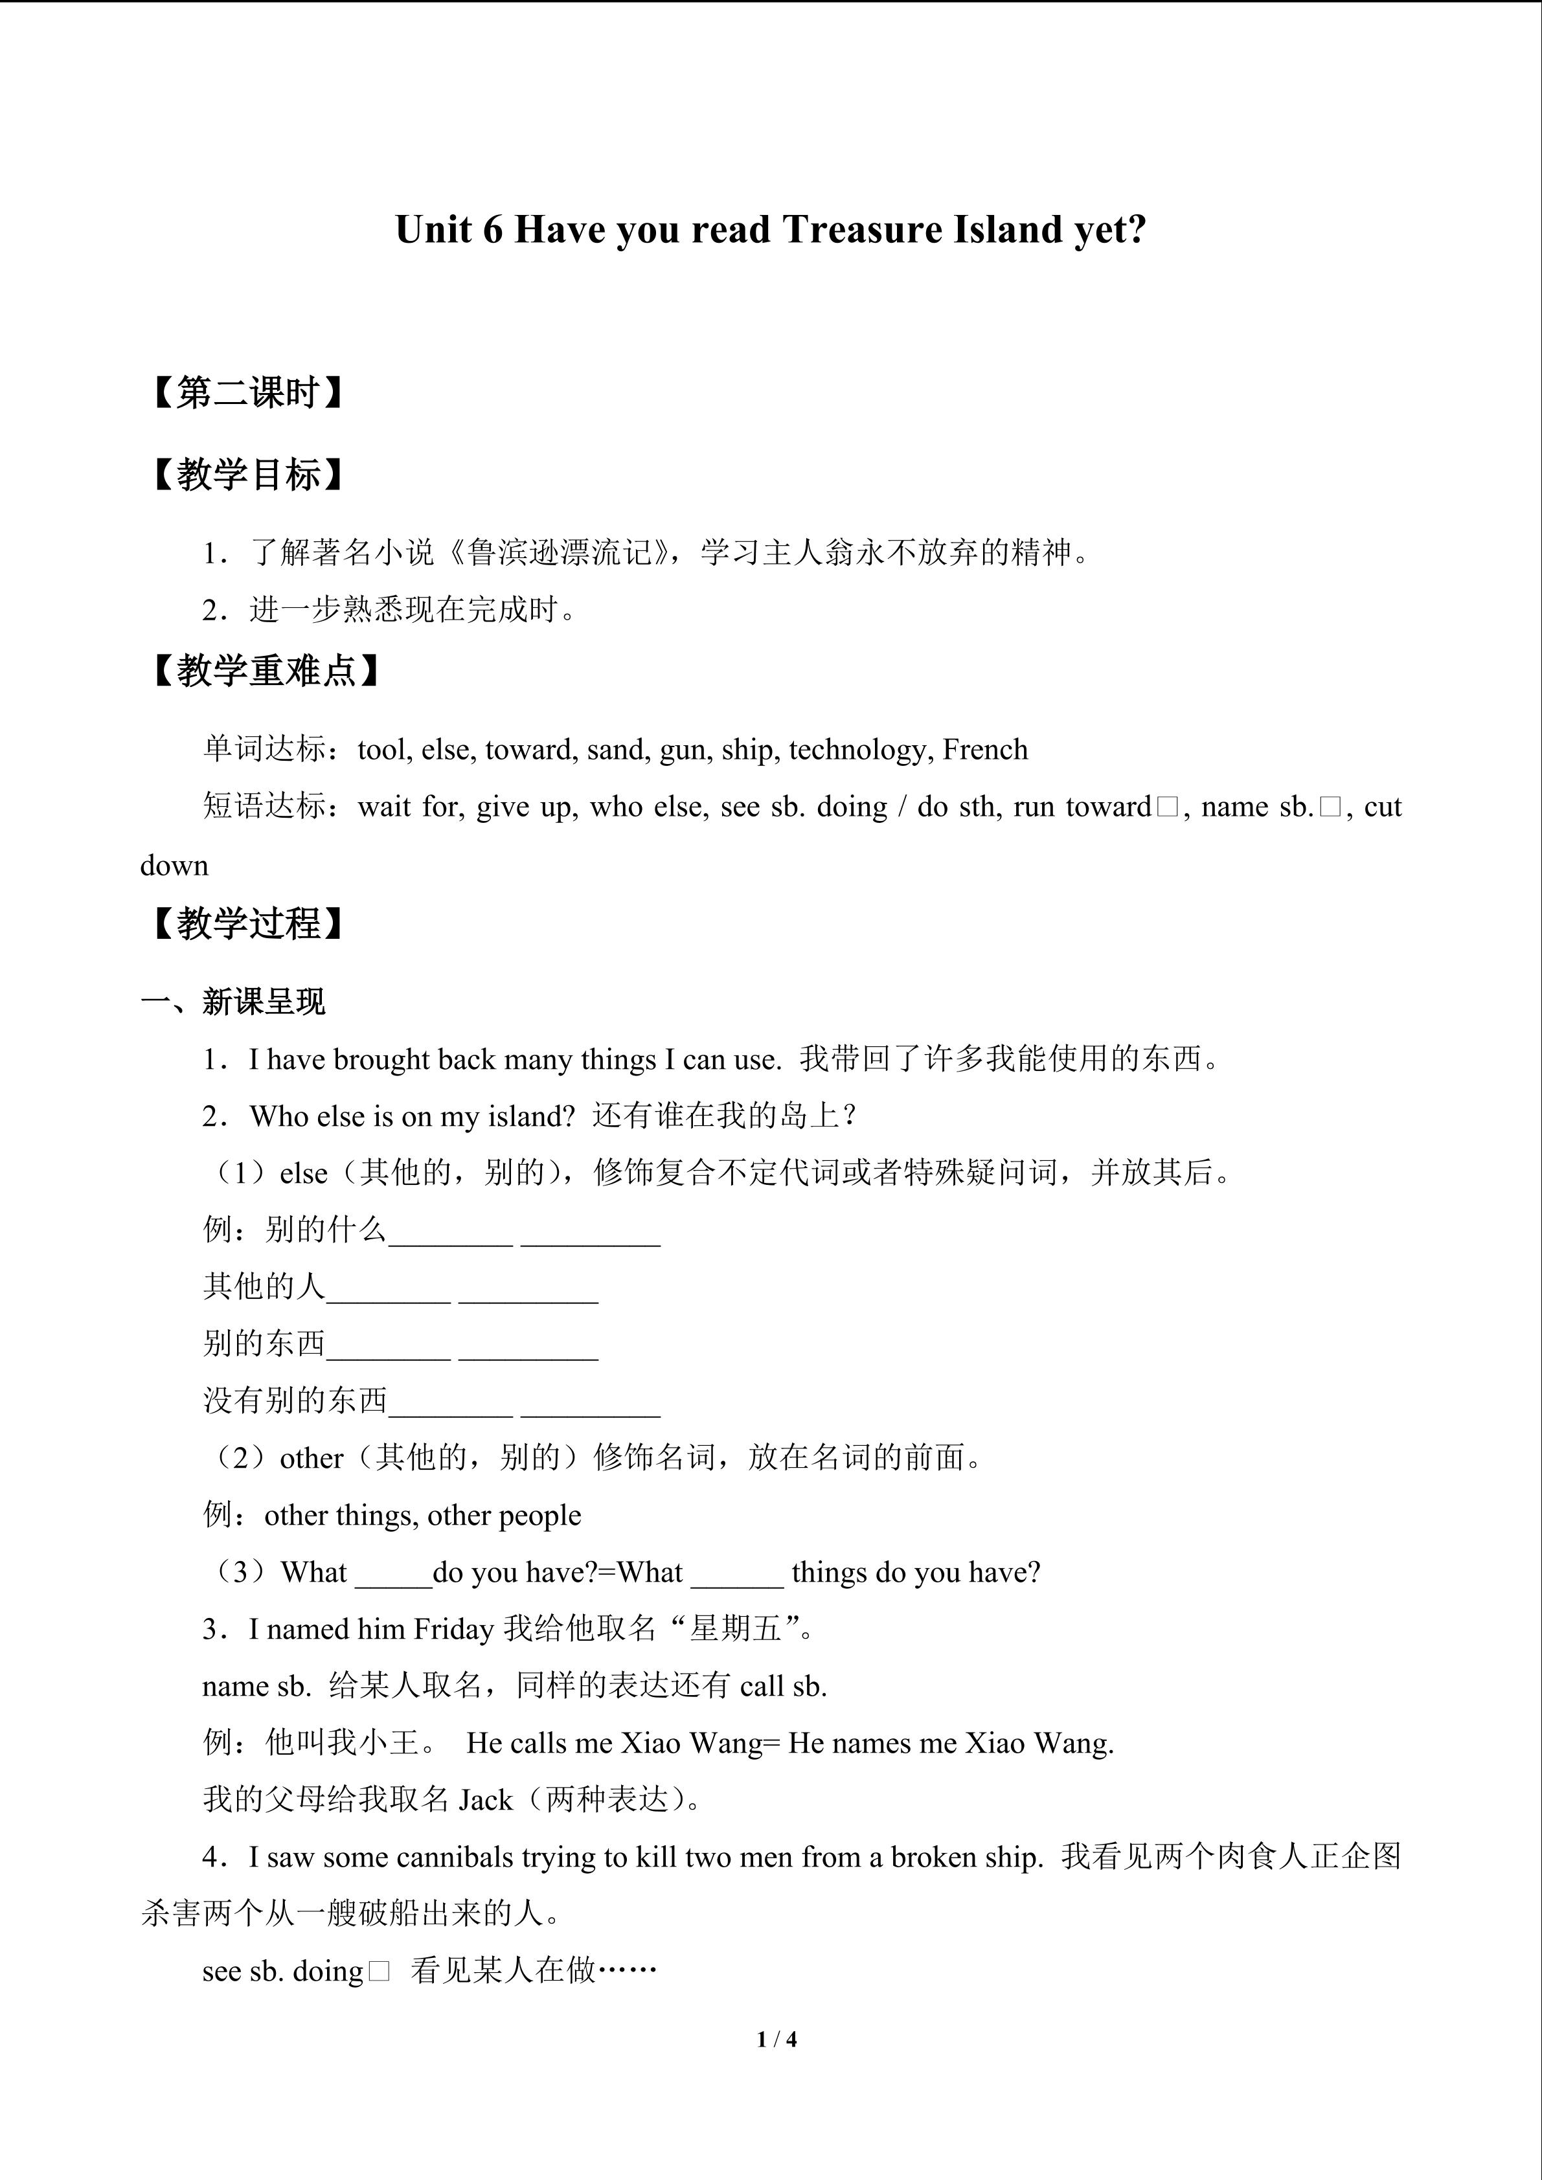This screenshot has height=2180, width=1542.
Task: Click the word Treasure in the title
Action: coord(857,230)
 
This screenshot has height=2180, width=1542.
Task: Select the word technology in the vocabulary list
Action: coord(856,750)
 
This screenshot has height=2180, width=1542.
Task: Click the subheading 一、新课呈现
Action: coord(234,1002)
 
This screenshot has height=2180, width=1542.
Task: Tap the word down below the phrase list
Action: coord(175,866)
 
